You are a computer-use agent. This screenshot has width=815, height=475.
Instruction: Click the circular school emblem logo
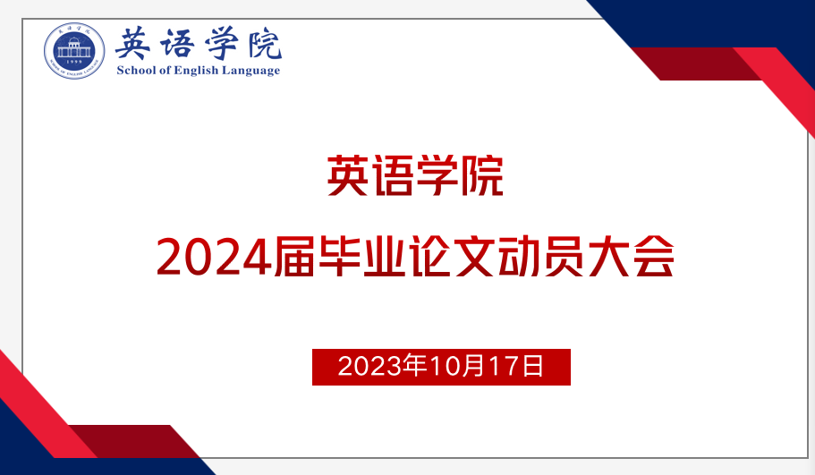click(x=74, y=51)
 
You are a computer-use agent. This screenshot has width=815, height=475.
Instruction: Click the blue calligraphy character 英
click(x=133, y=44)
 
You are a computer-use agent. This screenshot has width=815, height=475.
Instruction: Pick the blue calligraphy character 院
click(x=265, y=43)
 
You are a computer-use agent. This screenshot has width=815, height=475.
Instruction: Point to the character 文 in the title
click(x=475, y=256)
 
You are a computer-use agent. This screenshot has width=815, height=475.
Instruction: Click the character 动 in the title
click(x=520, y=256)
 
